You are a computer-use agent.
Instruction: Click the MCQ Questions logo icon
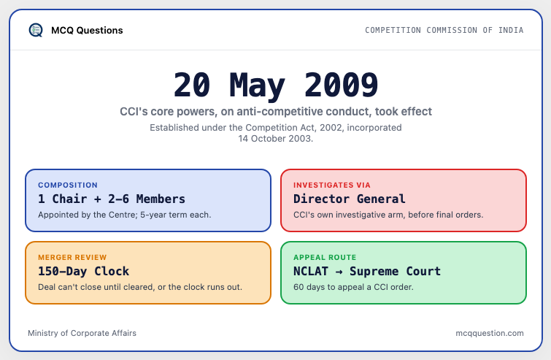[x=36, y=30]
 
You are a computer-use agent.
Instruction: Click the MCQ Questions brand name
[x=87, y=31]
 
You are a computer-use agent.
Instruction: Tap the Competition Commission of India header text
[x=444, y=30]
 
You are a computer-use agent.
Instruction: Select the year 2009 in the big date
[x=342, y=85]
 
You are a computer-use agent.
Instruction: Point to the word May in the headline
[x=257, y=86]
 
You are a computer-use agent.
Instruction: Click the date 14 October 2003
[x=276, y=139]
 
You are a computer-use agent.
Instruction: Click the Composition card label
[x=68, y=185]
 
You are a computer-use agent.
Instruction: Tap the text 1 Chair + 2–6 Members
[x=112, y=199]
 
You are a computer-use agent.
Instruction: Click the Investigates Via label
[x=332, y=185]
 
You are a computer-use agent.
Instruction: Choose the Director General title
[x=350, y=199]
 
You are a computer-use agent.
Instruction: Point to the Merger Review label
[x=72, y=257]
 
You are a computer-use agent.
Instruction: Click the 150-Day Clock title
[x=84, y=272]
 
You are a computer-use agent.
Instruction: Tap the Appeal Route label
[x=325, y=257]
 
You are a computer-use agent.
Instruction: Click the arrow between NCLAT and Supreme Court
[x=339, y=272]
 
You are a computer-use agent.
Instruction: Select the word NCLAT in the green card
[x=311, y=272]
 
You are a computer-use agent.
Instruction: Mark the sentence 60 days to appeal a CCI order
[x=353, y=287]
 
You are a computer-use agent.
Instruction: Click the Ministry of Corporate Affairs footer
[x=82, y=333]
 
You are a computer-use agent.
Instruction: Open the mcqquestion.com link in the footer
[x=490, y=333]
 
